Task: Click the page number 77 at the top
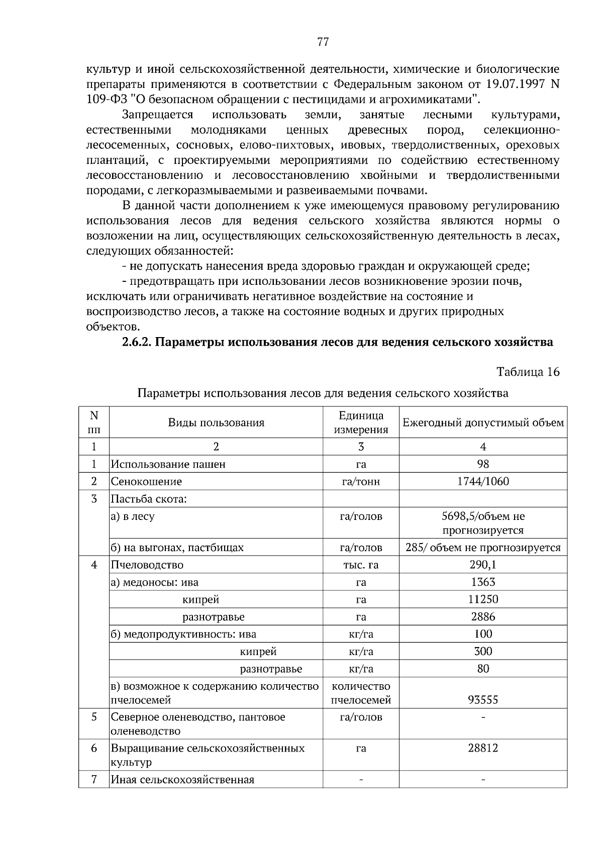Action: point(323,42)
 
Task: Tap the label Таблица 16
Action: point(528,372)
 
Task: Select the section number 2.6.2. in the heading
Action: point(137,342)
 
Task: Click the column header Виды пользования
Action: point(216,422)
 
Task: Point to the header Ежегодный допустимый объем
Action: point(483,422)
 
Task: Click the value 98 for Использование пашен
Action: point(483,464)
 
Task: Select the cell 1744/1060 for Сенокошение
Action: point(483,481)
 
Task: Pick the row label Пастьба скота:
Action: point(149,499)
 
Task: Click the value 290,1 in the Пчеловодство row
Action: point(483,565)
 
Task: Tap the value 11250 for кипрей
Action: point(483,599)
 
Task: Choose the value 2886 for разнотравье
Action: point(483,616)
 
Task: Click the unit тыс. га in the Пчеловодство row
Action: point(361,565)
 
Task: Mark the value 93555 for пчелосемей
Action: point(483,700)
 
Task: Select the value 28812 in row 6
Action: point(483,748)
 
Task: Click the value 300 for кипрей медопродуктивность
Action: point(483,651)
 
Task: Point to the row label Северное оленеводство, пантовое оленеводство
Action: point(198,724)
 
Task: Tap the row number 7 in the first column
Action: point(94,780)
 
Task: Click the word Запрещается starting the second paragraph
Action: point(157,115)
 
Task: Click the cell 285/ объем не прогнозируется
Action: point(483,548)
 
